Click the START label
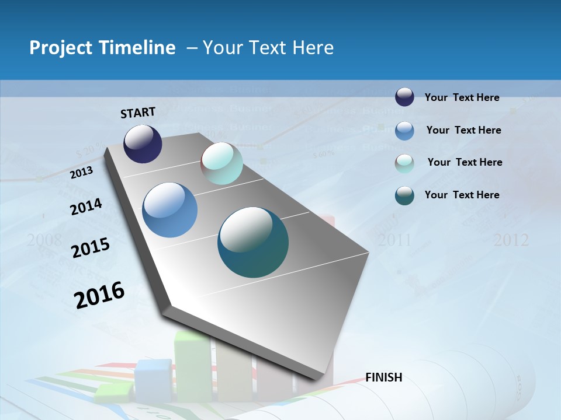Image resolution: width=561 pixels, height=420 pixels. click(x=138, y=113)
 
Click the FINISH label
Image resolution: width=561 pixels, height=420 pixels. click(x=384, y=377)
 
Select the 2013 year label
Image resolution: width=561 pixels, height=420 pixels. click(x=82, y=173)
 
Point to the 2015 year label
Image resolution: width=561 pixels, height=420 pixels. click(x=91, y=248)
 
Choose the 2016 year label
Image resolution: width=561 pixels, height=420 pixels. click(x=99, y=295)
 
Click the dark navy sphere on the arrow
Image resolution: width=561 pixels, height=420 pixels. click(x=143, y=144)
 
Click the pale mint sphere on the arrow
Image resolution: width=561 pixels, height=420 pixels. click(x=221, y=164)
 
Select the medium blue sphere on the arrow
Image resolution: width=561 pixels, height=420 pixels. click(x=170, y=210)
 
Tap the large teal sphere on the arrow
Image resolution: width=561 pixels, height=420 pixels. click(x=253, y=242)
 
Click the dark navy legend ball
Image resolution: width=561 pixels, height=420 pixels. click(x=404, y=97)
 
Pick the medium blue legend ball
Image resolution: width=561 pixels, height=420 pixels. click(x=404, y=130)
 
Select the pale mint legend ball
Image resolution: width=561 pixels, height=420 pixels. click(x=404, y=163)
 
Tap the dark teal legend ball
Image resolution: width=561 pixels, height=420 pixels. click(x=404, y=195)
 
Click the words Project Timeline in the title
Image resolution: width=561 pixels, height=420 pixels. click(x=102, y=48)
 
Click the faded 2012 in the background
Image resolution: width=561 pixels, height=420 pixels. click(x=511, y=240)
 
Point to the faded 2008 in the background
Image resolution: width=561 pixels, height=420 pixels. click(x=44, y=239)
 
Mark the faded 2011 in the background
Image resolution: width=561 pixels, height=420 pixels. click(x=394, y=240)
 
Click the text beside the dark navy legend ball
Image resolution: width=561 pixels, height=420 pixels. click(x=462, y=97)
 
